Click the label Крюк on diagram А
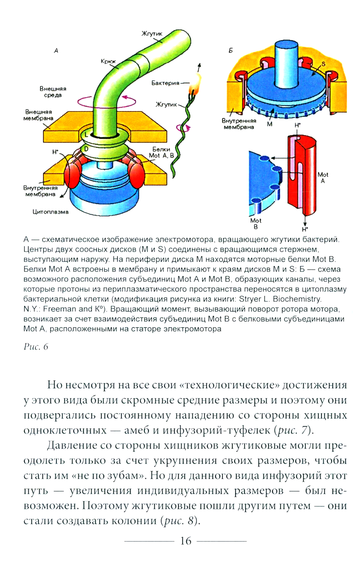(x=108, y=62)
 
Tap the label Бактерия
(x=165, y=83)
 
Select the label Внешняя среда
(x=53, y=92)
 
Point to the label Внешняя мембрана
(x=38, y=115)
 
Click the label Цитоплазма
(x=50, y=212)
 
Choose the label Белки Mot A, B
(x=161, y=152)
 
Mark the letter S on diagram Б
(x=323, y=64)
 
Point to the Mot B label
(x=256, y=223)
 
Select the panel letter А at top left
(x=56, y=51)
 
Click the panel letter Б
(x=231, y=50)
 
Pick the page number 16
(x=186, y=540)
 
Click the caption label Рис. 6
(x=36, y=347)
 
